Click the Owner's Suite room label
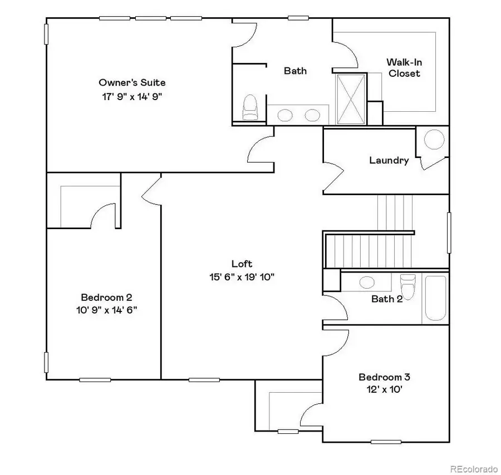click(x=132, y=83)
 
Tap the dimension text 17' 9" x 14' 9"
click(x=132, y=96)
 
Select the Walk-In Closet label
click(x=404, y=68)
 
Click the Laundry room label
click(x=389, y=160)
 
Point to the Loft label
click(x=242, y=264)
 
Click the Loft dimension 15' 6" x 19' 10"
click(x=242, y=276)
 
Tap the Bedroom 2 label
click(x=106, y=297)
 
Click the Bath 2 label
click(x=387, y=299)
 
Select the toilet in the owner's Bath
click(x=250, y=107)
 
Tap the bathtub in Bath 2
click(x=435, y=298)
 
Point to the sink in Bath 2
click(x=367, y=282)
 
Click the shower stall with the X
click(x=351, y=98)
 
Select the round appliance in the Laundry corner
click(x=434, y=139)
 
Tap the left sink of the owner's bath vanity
click(x=286, y=116)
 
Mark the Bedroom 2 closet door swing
click(x=103, y=215)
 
